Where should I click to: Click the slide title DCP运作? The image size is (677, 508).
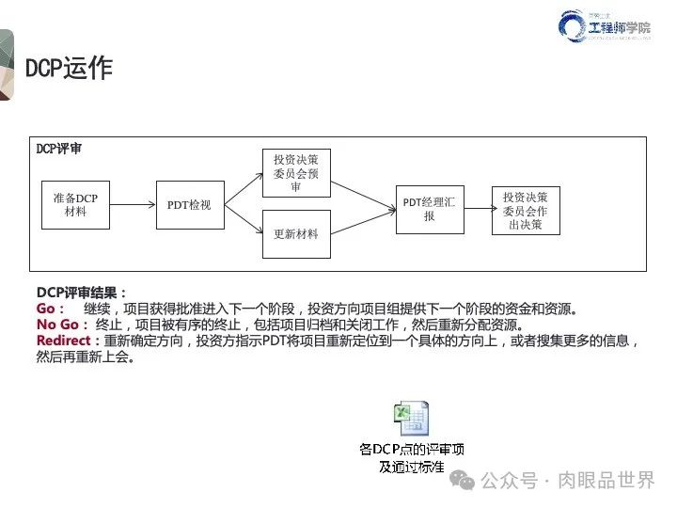[69, 68]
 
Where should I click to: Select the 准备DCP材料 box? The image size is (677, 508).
[75, 205]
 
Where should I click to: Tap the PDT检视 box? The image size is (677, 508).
[189, 205]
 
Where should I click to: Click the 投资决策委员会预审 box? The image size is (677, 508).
[295, 173]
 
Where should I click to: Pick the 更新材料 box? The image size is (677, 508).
[295, 234]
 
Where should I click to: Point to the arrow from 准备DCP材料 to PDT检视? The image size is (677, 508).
[133, 205]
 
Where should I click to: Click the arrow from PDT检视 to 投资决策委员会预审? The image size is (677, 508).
[243, 188]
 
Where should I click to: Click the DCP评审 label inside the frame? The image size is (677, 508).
[58, 150]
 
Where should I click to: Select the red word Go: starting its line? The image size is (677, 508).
[50, 309]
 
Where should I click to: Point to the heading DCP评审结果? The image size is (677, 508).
[81, 293]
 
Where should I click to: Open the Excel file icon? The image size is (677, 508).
[410, 418]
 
